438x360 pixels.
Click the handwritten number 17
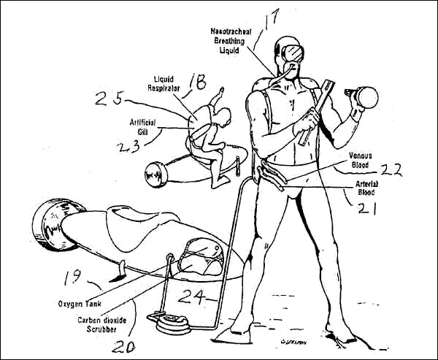[x=270, y=20]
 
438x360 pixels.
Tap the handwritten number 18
[x=198, y=83]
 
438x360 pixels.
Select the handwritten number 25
[x=109, y=99]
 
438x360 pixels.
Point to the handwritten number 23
[x=128, y=147]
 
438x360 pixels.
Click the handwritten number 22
[x=391, y=169]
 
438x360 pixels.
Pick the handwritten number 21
[x=367, y=208]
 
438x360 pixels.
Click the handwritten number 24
[x=192, y=296]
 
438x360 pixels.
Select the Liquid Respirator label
[x=164, y=83]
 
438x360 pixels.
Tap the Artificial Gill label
[x=142, y=127]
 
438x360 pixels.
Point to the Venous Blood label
[x=361, y=160]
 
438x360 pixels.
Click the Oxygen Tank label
[x=80, y=304]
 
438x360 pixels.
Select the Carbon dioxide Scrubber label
[x=102, y=324]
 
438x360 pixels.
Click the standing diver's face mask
[x=293, y=53]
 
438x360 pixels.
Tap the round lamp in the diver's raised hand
[x=366, y=98]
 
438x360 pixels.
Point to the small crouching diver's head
[x=224, y=117]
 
